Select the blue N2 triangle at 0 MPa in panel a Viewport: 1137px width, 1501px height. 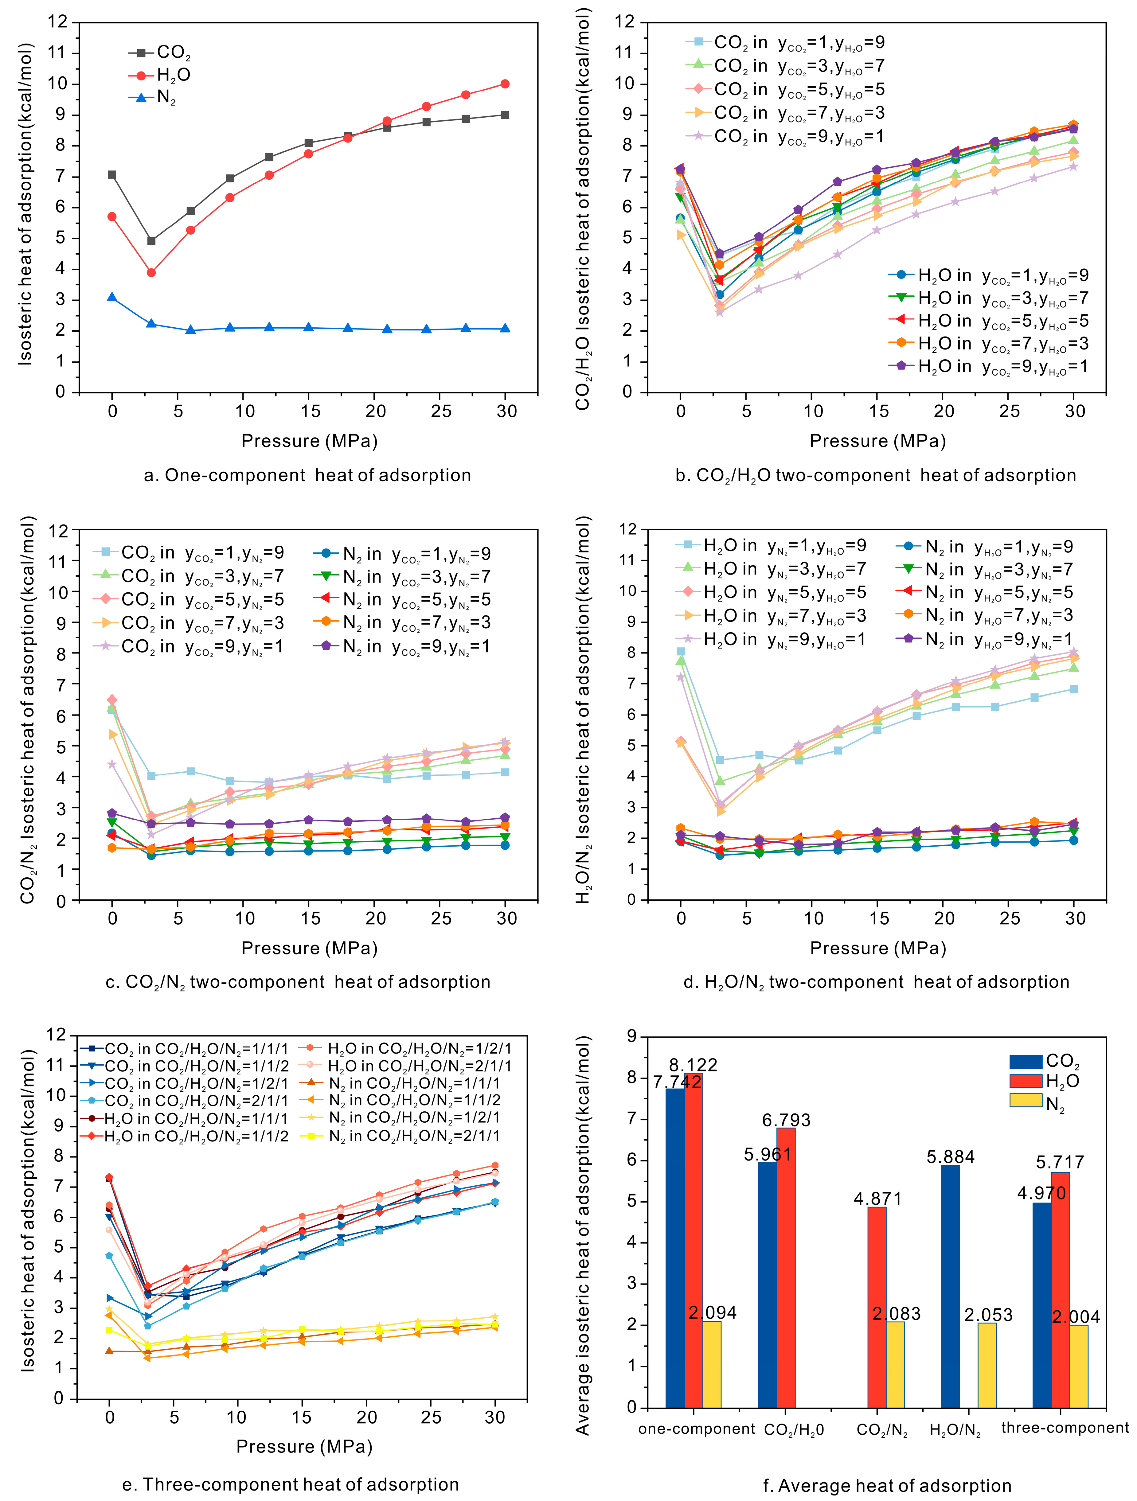click(112, 297)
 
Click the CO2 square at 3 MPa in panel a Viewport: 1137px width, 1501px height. click(151, 241)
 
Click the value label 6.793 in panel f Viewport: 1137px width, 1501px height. click(786, 1120)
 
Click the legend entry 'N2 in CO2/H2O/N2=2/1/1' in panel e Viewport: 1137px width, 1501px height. click(414, 1136)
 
